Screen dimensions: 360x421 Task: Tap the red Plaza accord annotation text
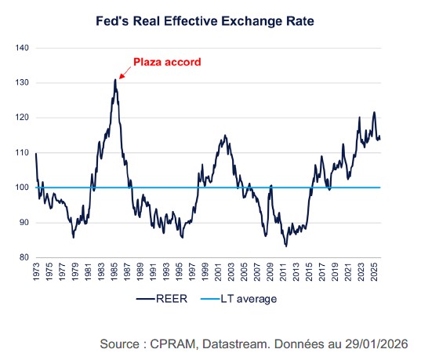[x=167, y=61]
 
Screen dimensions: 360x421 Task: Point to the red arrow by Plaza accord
[x=125, y=73]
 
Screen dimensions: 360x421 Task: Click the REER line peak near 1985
[x=115, y=80]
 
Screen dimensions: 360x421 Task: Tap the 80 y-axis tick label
[x=24, y=257]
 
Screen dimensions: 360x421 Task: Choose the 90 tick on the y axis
[x=24, y=223]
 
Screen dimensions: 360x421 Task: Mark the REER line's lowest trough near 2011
[x=286, y=245]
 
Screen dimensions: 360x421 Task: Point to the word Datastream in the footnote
[x=234, y=344]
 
